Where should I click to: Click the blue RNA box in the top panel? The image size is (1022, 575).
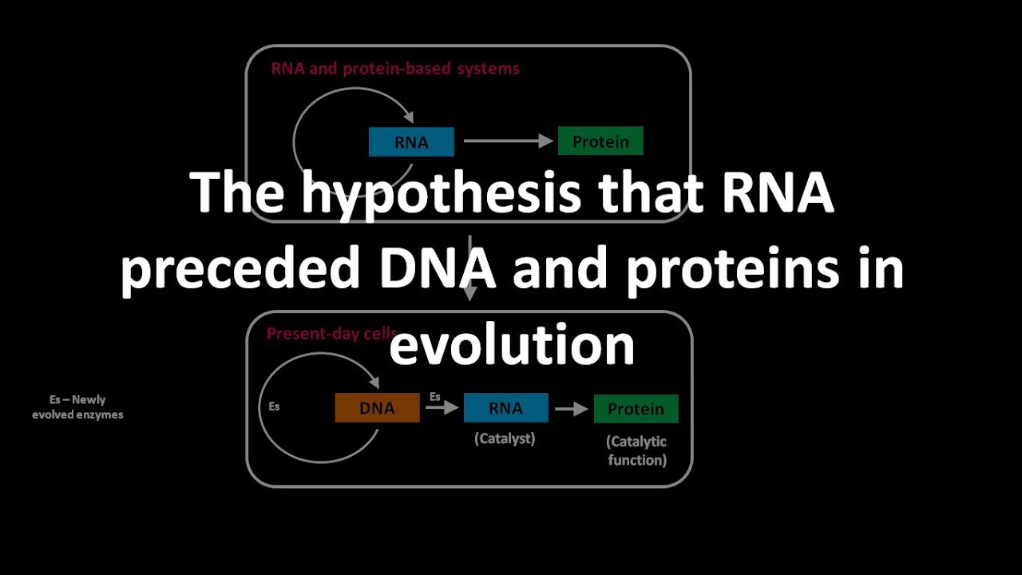pos(411,142)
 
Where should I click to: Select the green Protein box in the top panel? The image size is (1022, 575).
pos(600,141)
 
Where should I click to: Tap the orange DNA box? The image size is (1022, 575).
pos(377,408)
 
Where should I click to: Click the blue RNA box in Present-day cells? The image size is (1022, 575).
pos(505,408)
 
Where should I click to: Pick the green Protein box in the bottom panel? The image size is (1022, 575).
pos(636,408)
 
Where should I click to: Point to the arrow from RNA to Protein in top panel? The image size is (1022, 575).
pos(508,141)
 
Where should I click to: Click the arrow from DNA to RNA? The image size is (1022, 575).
pos(442,408)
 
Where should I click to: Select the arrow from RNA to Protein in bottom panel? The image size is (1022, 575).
pos(571,408)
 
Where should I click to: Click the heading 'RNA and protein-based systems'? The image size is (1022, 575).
pos(395,69)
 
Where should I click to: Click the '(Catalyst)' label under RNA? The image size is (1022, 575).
pos(505,438)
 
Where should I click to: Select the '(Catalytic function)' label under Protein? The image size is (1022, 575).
pos(636,450)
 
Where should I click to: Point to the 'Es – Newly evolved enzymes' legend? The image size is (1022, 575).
pos(77,407)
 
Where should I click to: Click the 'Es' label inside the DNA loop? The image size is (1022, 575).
pos(274,406)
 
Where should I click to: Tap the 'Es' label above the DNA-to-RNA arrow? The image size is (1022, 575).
pos(435,396)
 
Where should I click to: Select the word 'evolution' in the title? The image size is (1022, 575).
pos(512,344)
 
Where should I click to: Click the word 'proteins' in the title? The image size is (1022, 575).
pos(732,269)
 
